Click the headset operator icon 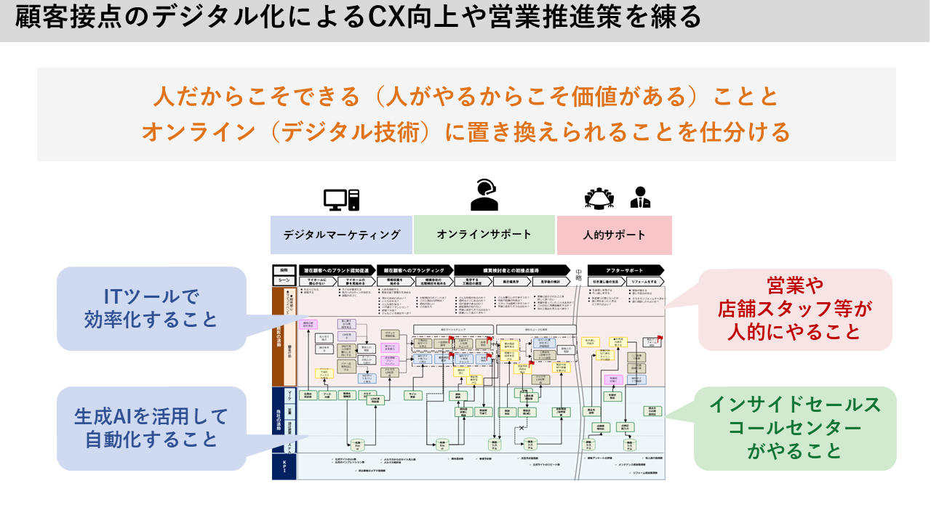pos(484,194)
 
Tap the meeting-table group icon pos(599,198)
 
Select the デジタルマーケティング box pos(341,235)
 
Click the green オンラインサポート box pos(484,235)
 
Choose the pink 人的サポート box pos(614,235)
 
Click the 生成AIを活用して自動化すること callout pos(151,427)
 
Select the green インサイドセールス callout pos(794,428)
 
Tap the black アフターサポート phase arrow pos(626,269)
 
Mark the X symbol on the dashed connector pos(521,429)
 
